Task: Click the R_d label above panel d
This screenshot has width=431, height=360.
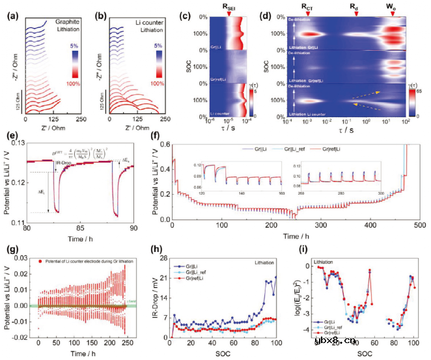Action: point(354,8)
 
